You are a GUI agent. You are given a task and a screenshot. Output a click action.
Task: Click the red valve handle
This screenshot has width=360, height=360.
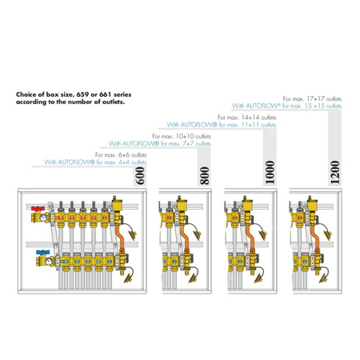pyautogui.click(x=38, y=208)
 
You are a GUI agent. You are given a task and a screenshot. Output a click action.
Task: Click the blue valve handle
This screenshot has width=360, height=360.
pyautogui.click(x=43, y=252)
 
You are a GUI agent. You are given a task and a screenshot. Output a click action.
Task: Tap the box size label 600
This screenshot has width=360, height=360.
pyautogui.click(x=140, y=175)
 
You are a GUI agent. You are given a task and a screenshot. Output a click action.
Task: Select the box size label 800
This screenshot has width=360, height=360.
pyautogui.click(x=205, y=175)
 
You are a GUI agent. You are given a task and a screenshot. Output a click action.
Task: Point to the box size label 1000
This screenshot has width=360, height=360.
pyautogui.click(x=270, y=172)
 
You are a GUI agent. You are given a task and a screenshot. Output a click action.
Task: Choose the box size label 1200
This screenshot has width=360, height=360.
pyautogui.click(x=335, y=172)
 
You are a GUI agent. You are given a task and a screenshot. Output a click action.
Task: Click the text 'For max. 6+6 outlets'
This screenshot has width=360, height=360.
pyautogui.click(x=121, y=155)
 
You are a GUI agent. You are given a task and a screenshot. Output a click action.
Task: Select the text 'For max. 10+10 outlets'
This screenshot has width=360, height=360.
pyautogui.click(x=182, y=136)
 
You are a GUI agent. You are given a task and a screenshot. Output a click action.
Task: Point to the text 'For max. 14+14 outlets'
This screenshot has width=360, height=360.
pyautogui.click(x=247, y=118)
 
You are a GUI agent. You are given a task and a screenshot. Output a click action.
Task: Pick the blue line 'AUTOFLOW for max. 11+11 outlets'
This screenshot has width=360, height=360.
pyautogui.click(x=222, y=125)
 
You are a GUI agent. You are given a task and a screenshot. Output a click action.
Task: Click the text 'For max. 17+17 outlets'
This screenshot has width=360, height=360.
pyautogui.click(x=312, y=98)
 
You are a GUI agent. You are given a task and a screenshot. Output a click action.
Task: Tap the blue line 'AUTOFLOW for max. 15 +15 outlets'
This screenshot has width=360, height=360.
pyautogui.click(x=286, y=106)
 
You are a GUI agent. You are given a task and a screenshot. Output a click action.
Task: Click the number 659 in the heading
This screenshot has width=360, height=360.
pyautogui.click(x=83, y=94)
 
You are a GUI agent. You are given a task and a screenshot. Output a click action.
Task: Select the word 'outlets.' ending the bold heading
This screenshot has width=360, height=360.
pyautogui.click(x=114, y=102)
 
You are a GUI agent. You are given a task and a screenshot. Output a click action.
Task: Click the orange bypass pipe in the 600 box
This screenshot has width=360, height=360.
pyautogui.click(x=120, y=237)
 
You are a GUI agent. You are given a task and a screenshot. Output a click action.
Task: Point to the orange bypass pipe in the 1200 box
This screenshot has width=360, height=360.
pyautogui.click(x=315, y=237)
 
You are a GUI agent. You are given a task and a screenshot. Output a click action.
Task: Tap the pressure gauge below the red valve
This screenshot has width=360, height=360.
pyautogui.click(x=43, y=218)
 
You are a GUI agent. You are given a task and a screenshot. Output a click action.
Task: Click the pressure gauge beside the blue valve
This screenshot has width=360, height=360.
pyautogui.click(x=49, y=261)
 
